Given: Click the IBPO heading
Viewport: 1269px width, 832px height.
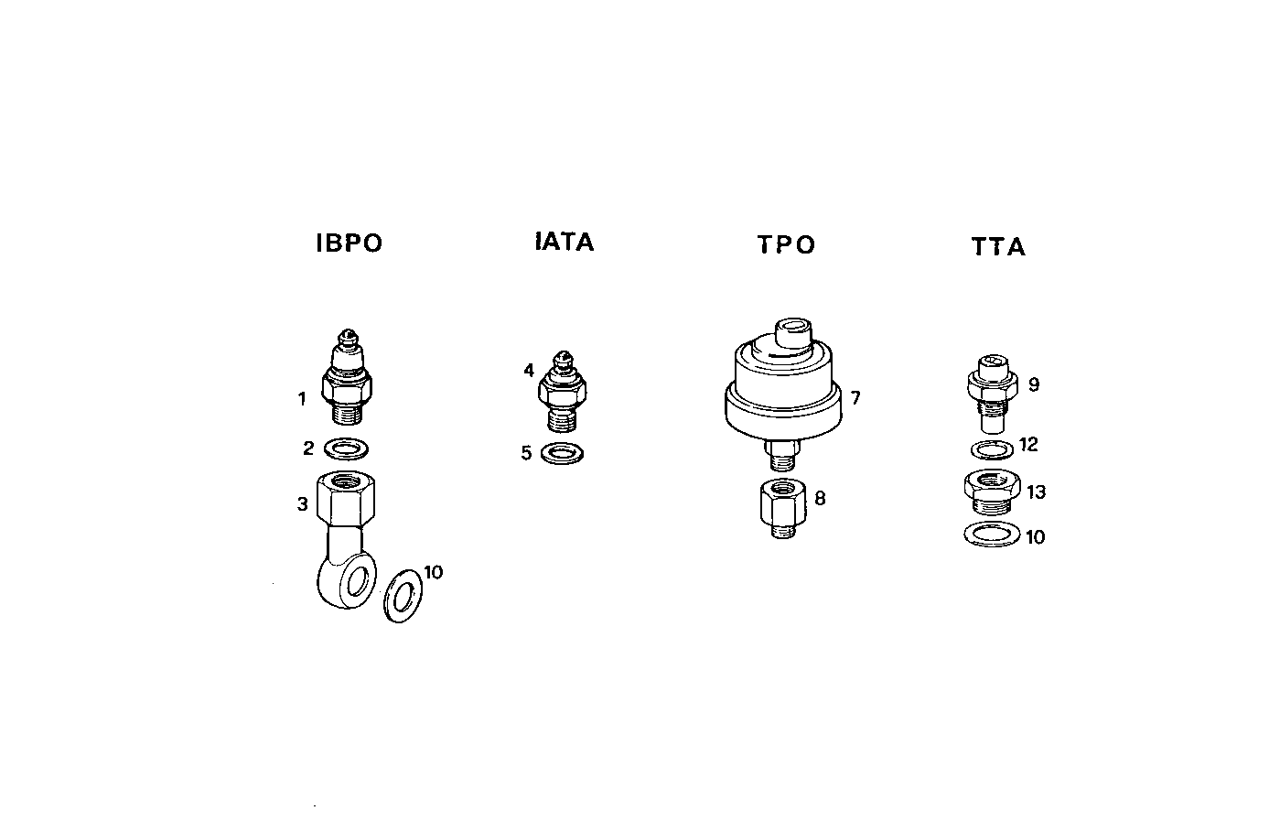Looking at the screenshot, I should click(x=349, y=243).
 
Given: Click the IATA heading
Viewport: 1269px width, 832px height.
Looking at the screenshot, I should click(x=565, y=242).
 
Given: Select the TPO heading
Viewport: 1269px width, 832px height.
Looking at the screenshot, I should click(x=786, y=244).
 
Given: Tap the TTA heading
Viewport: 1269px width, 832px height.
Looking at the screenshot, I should click(x=998, y=247).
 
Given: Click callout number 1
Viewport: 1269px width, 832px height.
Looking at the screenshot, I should click(x=301, y=399).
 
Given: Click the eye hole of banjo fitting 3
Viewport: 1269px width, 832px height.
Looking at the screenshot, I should click(x=360, y=579).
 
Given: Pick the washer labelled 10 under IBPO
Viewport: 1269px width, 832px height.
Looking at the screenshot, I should click(x=402, y=596).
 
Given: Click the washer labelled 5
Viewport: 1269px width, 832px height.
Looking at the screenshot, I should click(x=562, y=453).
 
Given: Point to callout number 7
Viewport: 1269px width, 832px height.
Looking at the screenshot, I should click(x=855, y=398).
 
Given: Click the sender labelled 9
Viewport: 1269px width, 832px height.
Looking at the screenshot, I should click(x=991, y=393).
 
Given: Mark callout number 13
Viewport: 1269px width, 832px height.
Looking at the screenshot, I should click(x=1036, y=492).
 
